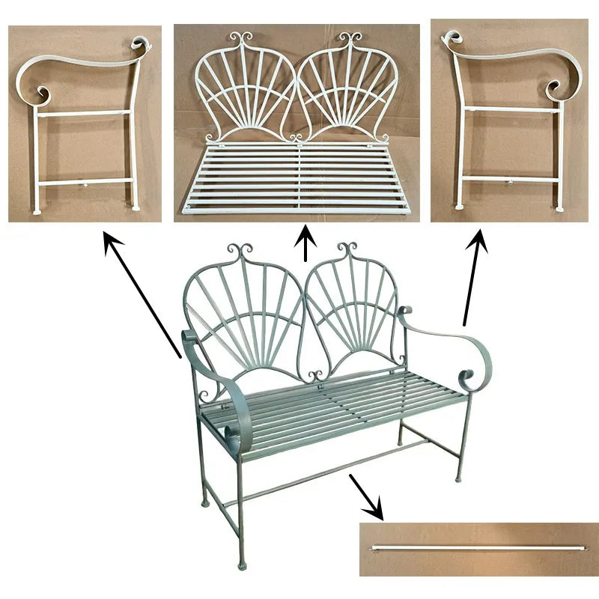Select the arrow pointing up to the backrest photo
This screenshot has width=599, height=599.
(305, 243)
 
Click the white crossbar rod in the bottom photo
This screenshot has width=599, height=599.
(479, 545)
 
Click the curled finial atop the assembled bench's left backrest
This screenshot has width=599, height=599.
(241, 249)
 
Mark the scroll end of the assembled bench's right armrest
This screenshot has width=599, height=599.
(473, 374)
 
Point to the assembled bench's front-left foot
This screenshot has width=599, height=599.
(240, 561)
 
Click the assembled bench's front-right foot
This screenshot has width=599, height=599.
(458, 477)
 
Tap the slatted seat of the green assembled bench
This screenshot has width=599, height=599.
(337, 408)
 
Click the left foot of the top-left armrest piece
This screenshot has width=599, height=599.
(36, 210)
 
